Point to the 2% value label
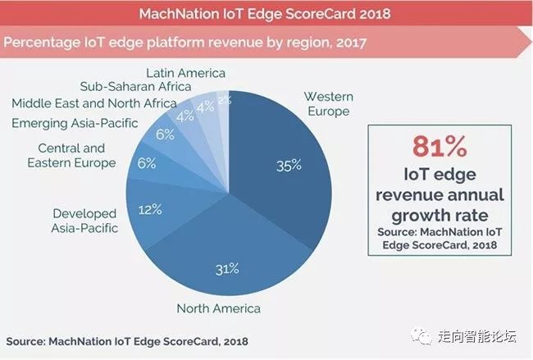[224, 101]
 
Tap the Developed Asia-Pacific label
[85, 221]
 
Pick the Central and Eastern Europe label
[71, 156]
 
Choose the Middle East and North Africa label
[93, 103]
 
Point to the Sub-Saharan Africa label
[135, 85]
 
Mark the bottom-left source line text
[127, 340]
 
